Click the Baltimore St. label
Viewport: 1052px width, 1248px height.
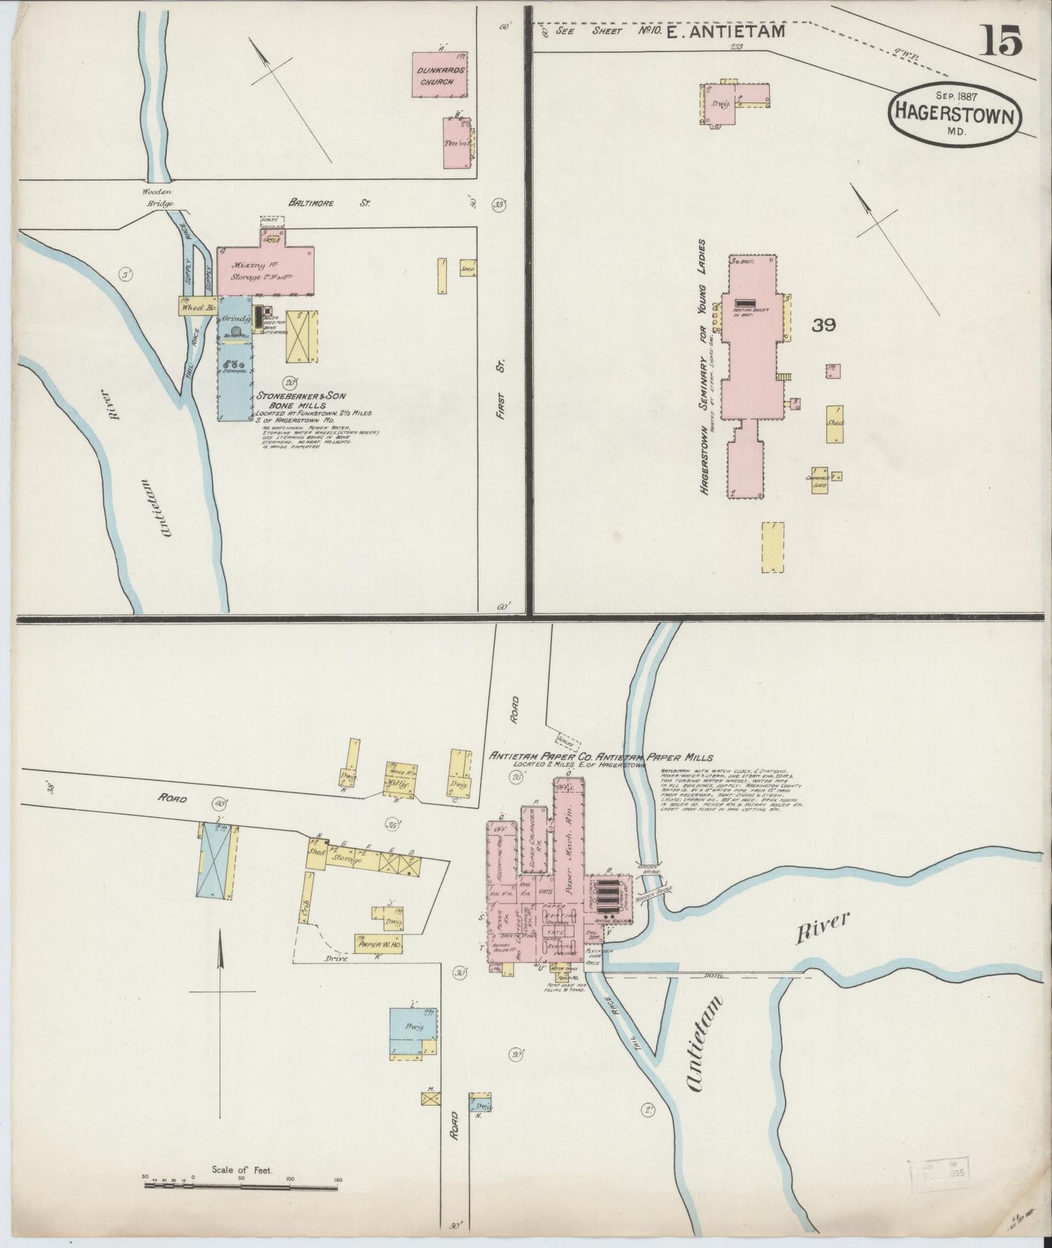click(328, 203)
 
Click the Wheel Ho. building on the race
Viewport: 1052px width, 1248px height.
click(198, 307)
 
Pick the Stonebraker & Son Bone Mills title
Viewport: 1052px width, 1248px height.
click(301, 400)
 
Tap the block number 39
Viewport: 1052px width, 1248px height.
click(823, 325)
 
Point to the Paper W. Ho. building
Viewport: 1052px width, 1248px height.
click(379, 944)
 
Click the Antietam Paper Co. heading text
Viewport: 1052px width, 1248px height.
click(601, 757)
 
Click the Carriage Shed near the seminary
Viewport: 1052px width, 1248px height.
click(820, 481)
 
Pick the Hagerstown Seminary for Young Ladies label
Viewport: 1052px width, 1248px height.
click(704, 368)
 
